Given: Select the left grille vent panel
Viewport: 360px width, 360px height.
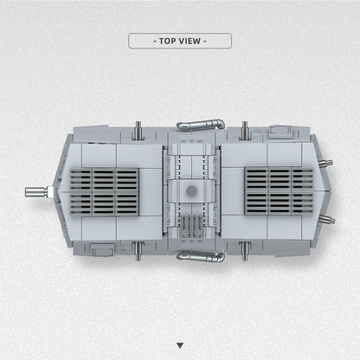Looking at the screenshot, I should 104,190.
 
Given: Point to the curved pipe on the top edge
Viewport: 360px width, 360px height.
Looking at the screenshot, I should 200,125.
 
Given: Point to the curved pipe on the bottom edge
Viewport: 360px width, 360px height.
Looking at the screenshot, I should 200,256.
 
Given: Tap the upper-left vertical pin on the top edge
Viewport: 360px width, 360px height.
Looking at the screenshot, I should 138,130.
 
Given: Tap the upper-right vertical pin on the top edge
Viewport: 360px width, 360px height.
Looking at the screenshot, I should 245,130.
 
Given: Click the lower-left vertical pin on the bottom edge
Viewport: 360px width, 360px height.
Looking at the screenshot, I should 138,251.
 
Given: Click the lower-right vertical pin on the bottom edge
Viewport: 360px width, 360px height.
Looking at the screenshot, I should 245,251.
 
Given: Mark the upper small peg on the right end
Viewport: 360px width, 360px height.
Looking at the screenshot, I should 325,163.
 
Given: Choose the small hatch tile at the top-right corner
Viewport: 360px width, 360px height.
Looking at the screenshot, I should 279,132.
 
